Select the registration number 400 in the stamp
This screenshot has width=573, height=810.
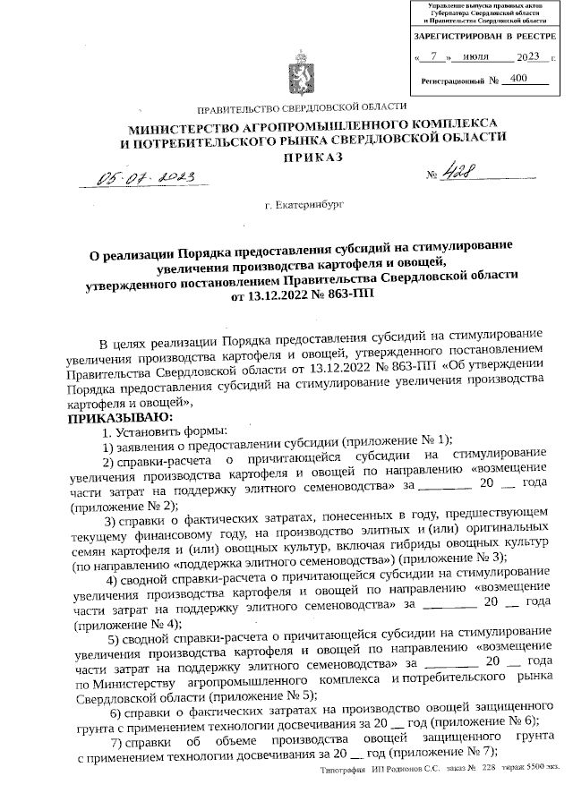tap(516, 79)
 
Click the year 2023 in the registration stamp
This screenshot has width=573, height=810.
tap(526, 56)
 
